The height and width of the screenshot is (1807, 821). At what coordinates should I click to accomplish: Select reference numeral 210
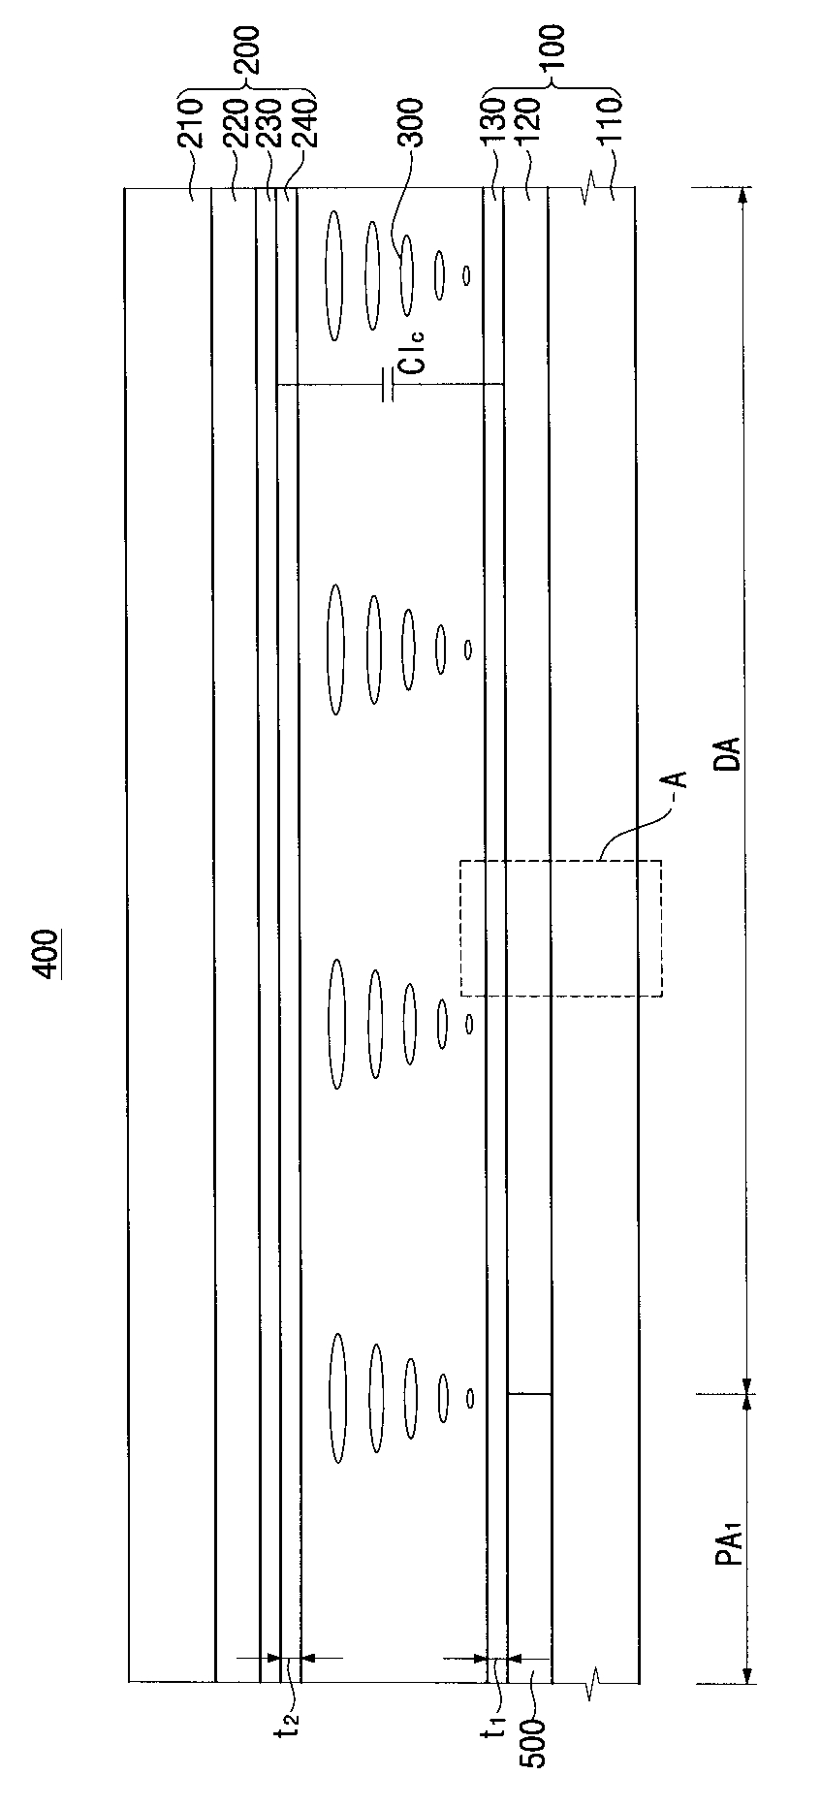tap(191, 121)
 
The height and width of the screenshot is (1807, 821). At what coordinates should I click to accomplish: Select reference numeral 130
tap(492, 121)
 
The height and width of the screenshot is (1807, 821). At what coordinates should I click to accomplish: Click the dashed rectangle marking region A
tap(561, 928)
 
